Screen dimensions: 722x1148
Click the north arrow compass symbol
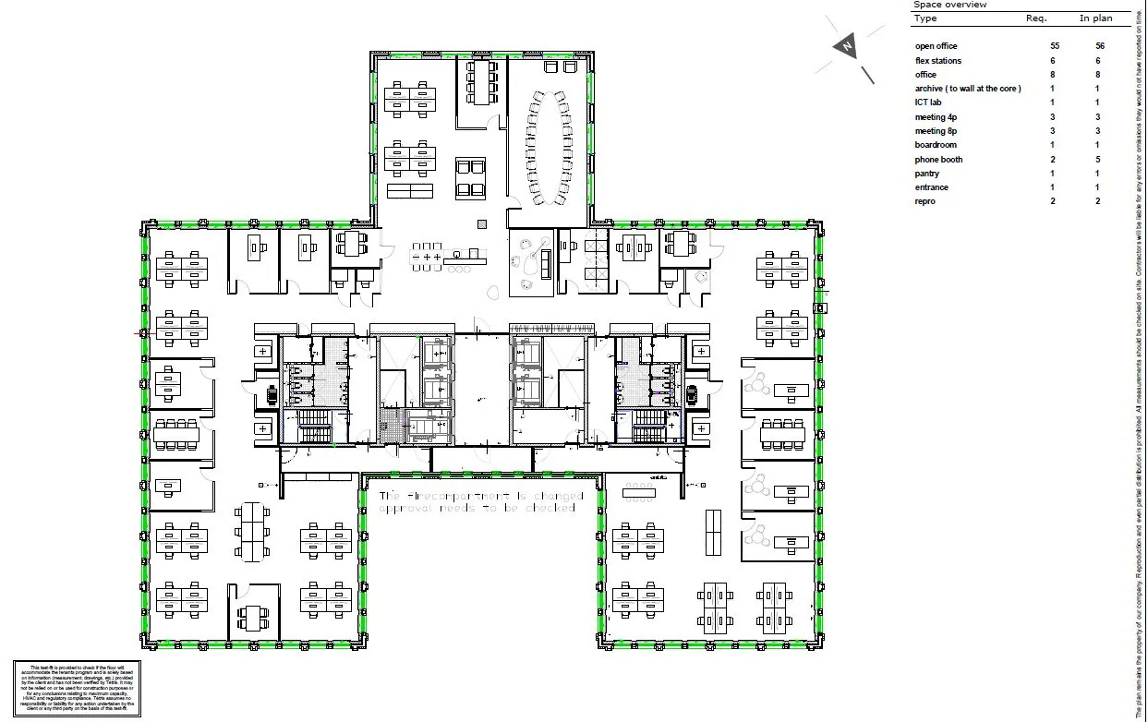tap(846, 46)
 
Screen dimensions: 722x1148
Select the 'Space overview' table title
tap(949, 5)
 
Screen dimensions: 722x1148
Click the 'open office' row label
tap(936, 46)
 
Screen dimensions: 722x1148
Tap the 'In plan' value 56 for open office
tap(1098, 46)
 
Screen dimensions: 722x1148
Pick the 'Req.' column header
tap(1036, 18)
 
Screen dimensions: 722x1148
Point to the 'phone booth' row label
tap(938, 160)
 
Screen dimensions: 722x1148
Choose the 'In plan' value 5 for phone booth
tap(1098, 160)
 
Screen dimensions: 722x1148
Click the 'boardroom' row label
tap(936, 145)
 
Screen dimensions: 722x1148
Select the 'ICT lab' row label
tap(928, 102)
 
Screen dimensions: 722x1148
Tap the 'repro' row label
tap(924, 201)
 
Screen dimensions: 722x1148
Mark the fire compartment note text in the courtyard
tap(481, 502)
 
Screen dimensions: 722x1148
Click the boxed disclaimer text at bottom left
tap(77, 688)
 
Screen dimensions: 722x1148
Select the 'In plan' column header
tap(1095, 18)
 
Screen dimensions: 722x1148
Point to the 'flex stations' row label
tap(937, 61)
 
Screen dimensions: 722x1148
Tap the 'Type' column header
tap(925, 18)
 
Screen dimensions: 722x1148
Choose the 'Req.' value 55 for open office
tap(1054, 46)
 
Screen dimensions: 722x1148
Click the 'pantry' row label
tap(926, 174)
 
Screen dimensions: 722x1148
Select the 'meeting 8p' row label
tap(936, 131)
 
